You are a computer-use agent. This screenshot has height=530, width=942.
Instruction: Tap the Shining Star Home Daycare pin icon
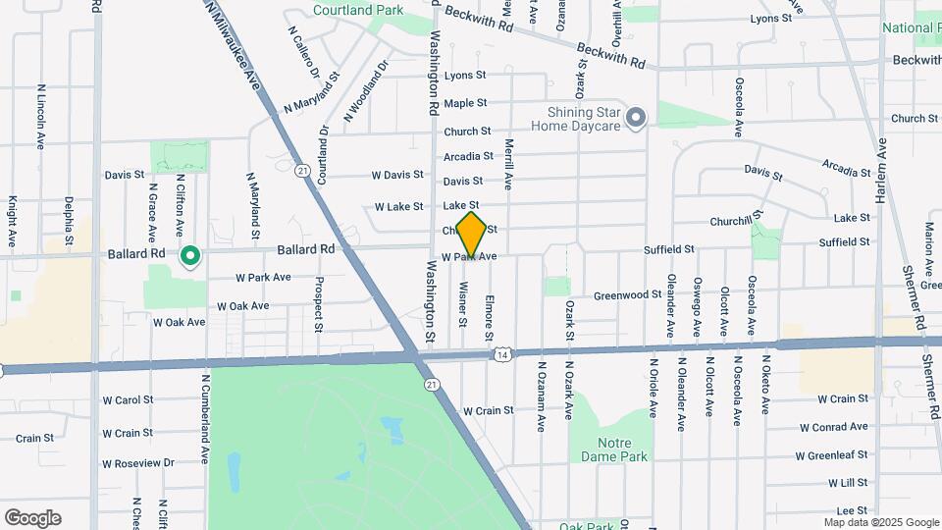[636, 120]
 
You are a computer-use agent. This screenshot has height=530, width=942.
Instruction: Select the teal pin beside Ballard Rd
[190, 257]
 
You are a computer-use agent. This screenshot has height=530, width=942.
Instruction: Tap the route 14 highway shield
[502, 353]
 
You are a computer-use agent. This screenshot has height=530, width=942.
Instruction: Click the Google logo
[32, 518]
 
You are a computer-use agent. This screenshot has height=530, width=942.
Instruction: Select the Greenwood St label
[628, 294]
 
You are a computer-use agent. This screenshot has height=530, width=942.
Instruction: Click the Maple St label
[465, 103]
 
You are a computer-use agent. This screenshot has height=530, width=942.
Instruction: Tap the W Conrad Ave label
[833, 427]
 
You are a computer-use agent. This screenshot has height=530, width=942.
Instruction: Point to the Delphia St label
[69, 220]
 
